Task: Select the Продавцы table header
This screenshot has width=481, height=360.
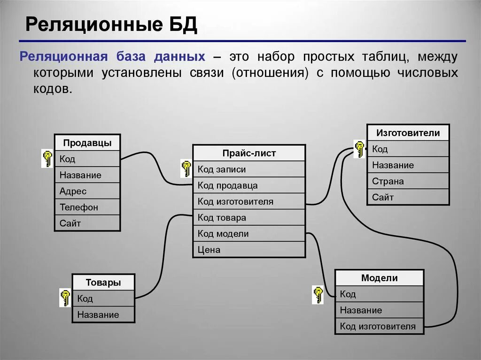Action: (87, 143)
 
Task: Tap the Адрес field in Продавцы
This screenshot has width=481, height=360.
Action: (87, 191)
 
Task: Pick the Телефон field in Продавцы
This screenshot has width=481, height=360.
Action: (87, 207)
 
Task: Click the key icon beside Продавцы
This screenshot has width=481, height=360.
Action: (47, 158)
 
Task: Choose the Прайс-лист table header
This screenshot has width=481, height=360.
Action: (249, 153)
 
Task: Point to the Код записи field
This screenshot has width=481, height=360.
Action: (249, 169)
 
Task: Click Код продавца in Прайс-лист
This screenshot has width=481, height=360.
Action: (249, 185)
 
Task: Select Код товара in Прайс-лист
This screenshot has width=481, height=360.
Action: (249, 218)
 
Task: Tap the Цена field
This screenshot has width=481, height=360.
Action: (249, 250)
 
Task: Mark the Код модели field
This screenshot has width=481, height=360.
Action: (249, 234)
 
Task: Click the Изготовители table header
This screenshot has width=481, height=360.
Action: (408, 133)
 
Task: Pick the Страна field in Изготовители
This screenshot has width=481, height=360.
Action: (408, 181)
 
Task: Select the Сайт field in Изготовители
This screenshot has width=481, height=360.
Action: (408, 197)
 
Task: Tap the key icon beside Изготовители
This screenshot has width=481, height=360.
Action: (359, 149)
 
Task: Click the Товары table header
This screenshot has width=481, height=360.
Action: (103, 283)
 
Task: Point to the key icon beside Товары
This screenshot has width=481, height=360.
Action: (65, 298)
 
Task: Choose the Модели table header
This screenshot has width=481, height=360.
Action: (379, 278)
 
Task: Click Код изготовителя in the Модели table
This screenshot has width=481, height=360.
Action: (379, 326)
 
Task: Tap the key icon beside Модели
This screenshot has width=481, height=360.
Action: (318, 295)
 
